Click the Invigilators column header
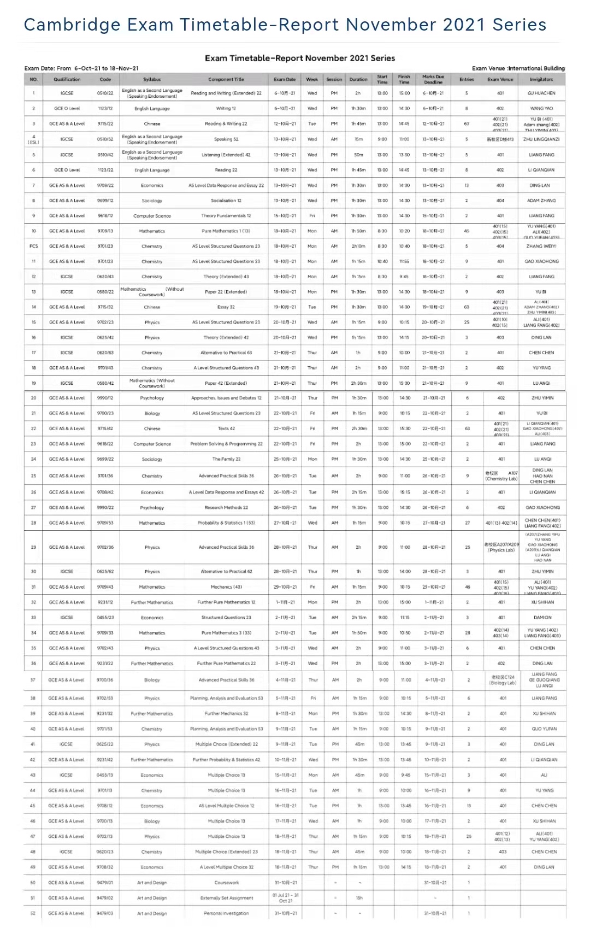tap(541, 79)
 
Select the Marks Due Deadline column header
tap(433, 79)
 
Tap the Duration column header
tap(358, 79)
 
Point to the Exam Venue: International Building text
tap(518, 68)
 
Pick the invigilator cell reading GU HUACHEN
tap(541, 93)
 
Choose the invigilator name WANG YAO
tap(541, 108)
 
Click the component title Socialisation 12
tap(226, 201)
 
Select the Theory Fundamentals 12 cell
tap(226, 216)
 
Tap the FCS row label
tap(33, 247)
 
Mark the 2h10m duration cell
tap(358, 247)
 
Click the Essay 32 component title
tap(226, 307)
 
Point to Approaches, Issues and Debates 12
tap(226, 398)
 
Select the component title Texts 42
tap(226, 429)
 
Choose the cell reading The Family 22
tap(226, 459)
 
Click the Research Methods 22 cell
tap(226, 508)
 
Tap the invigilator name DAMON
tap(542, 618)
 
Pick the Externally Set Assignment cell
tap(227, 898)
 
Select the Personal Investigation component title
tap(227, 913)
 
